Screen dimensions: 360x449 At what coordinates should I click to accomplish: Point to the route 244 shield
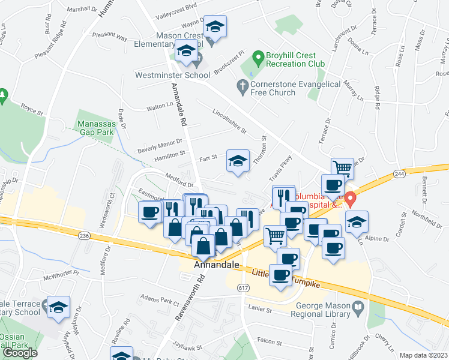(x=400, y=173)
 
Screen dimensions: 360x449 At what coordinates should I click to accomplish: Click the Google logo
(x=20, y=352)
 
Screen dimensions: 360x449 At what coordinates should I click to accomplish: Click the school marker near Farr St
(x=238, y=161)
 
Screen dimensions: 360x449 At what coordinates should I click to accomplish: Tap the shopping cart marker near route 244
(x=342, y=169)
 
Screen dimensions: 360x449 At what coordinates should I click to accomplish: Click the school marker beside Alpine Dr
(x=357, y=221)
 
